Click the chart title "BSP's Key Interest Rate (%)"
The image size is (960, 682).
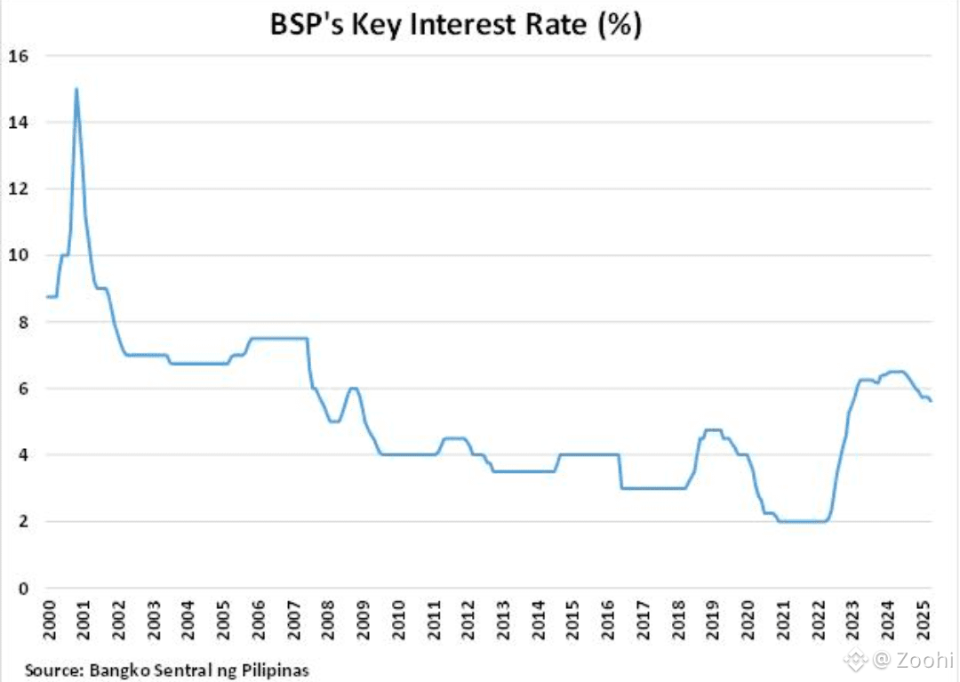click(456, 25)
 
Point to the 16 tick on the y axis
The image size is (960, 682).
click(19, 56)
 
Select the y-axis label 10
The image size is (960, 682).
click(19, 255)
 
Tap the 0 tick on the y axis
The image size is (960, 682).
click(23, 589)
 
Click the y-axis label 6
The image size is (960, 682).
click(23, 389)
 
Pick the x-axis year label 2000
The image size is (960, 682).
click(50, 620)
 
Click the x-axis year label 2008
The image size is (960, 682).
click(328, 620)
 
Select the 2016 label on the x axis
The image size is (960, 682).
click(607, 620)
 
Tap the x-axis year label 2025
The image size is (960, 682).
click(922, 620)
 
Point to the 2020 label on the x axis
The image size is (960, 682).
click(747, 620)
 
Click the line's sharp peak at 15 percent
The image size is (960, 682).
click(76, 90)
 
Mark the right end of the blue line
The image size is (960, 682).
click(932, 401)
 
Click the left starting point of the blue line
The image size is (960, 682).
click(47, 297)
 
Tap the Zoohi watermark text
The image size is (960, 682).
click(924, 660)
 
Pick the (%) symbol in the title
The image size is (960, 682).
click(620, 25)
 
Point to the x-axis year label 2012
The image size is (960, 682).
click(468, 620)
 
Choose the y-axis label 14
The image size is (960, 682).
click(19, 123)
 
